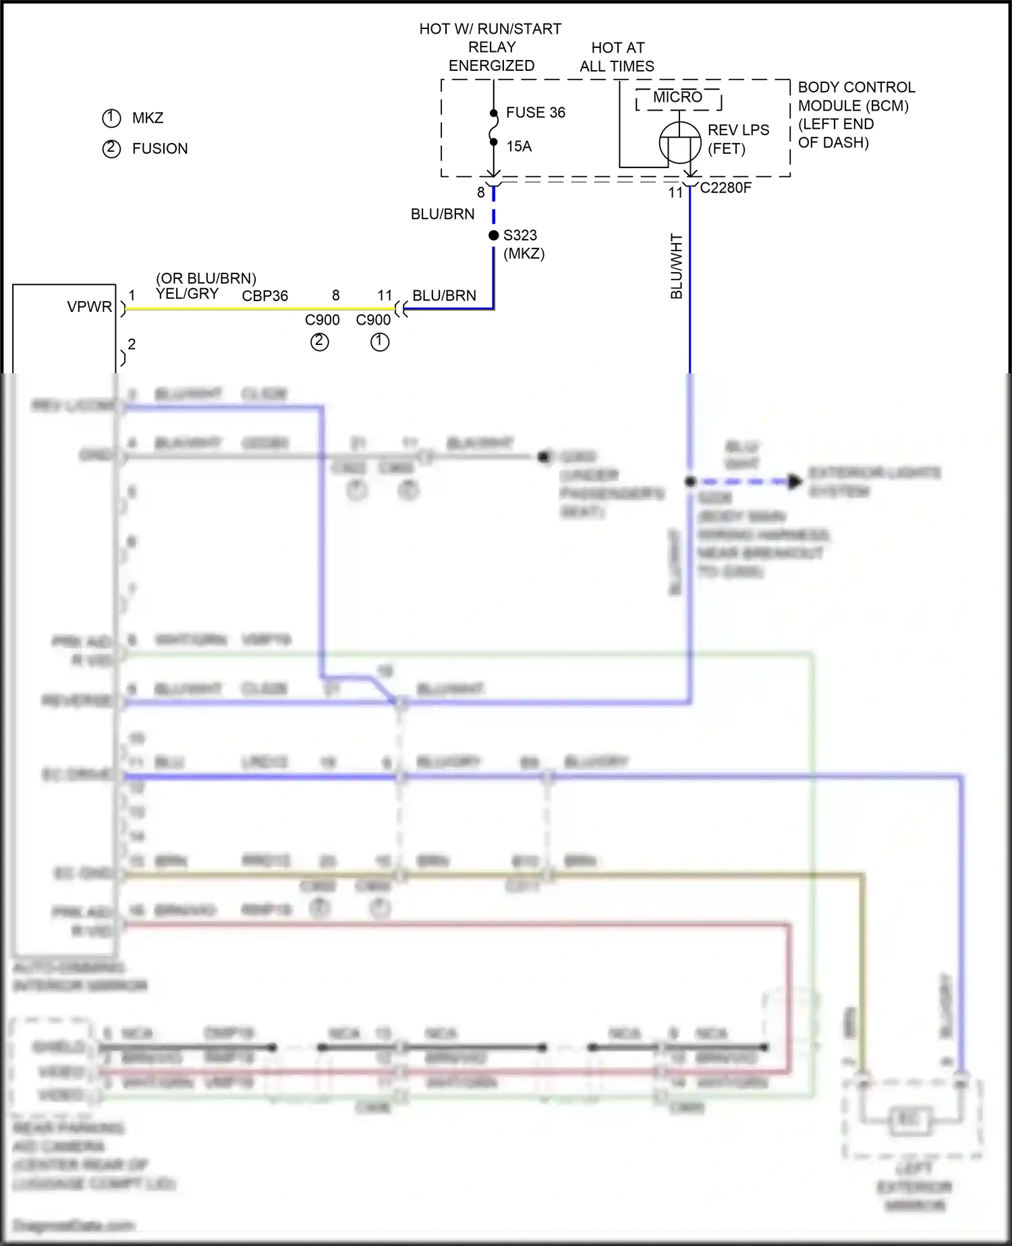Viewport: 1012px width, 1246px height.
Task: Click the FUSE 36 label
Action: tap(535, 113)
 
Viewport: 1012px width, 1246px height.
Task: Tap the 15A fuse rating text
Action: tap(519, 146)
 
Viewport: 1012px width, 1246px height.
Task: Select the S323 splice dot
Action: tap(494, 236)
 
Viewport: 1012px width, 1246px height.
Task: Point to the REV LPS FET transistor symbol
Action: tap(679, 142)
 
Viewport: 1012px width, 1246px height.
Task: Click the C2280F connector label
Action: tap(725, 188)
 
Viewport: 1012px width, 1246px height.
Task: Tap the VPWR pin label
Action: tap(89, 307)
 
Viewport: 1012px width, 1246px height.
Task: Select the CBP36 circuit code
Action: tap(265, 296)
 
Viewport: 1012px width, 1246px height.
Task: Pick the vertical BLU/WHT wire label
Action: tap(677, 267)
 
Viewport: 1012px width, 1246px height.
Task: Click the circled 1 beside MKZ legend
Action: tap(111, 118)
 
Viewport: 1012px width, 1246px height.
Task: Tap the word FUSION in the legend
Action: tap(160, 148)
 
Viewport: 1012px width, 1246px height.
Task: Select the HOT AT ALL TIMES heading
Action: tap(617, 57)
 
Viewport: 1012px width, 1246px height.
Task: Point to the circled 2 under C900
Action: tap(319, 342)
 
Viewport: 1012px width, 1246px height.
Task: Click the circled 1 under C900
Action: tap(380, 342)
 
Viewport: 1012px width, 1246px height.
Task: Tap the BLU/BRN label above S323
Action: tap(443, 215)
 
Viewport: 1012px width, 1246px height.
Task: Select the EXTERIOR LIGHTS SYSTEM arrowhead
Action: tap(795, 482)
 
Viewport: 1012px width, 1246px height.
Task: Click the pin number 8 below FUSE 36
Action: tap(481, 193)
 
